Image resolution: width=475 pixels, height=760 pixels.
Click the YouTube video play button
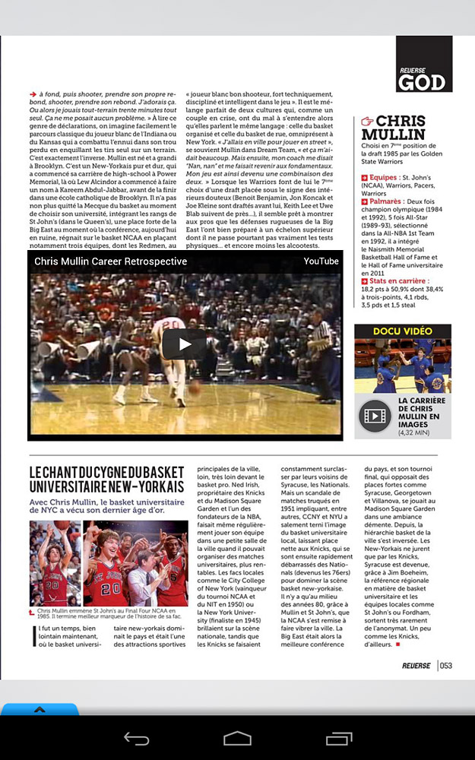(185, 344)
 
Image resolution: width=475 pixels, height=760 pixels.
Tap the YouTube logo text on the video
(321, 261)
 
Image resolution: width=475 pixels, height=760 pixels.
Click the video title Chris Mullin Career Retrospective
(111, 261)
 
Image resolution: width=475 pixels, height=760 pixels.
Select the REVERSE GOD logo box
(423, 64)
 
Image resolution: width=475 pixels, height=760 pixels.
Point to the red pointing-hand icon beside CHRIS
(366, 121)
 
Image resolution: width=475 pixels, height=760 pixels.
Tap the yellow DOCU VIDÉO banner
(403, 331)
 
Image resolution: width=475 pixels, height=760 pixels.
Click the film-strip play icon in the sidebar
(374, 416)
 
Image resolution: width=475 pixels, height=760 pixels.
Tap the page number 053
(446, 666)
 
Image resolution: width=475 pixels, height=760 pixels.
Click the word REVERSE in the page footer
(416, 666)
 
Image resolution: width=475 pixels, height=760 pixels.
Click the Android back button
(137, 738)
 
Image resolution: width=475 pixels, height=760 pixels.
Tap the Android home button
(237, 738)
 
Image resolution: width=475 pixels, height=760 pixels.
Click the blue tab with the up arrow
(40, 710)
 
